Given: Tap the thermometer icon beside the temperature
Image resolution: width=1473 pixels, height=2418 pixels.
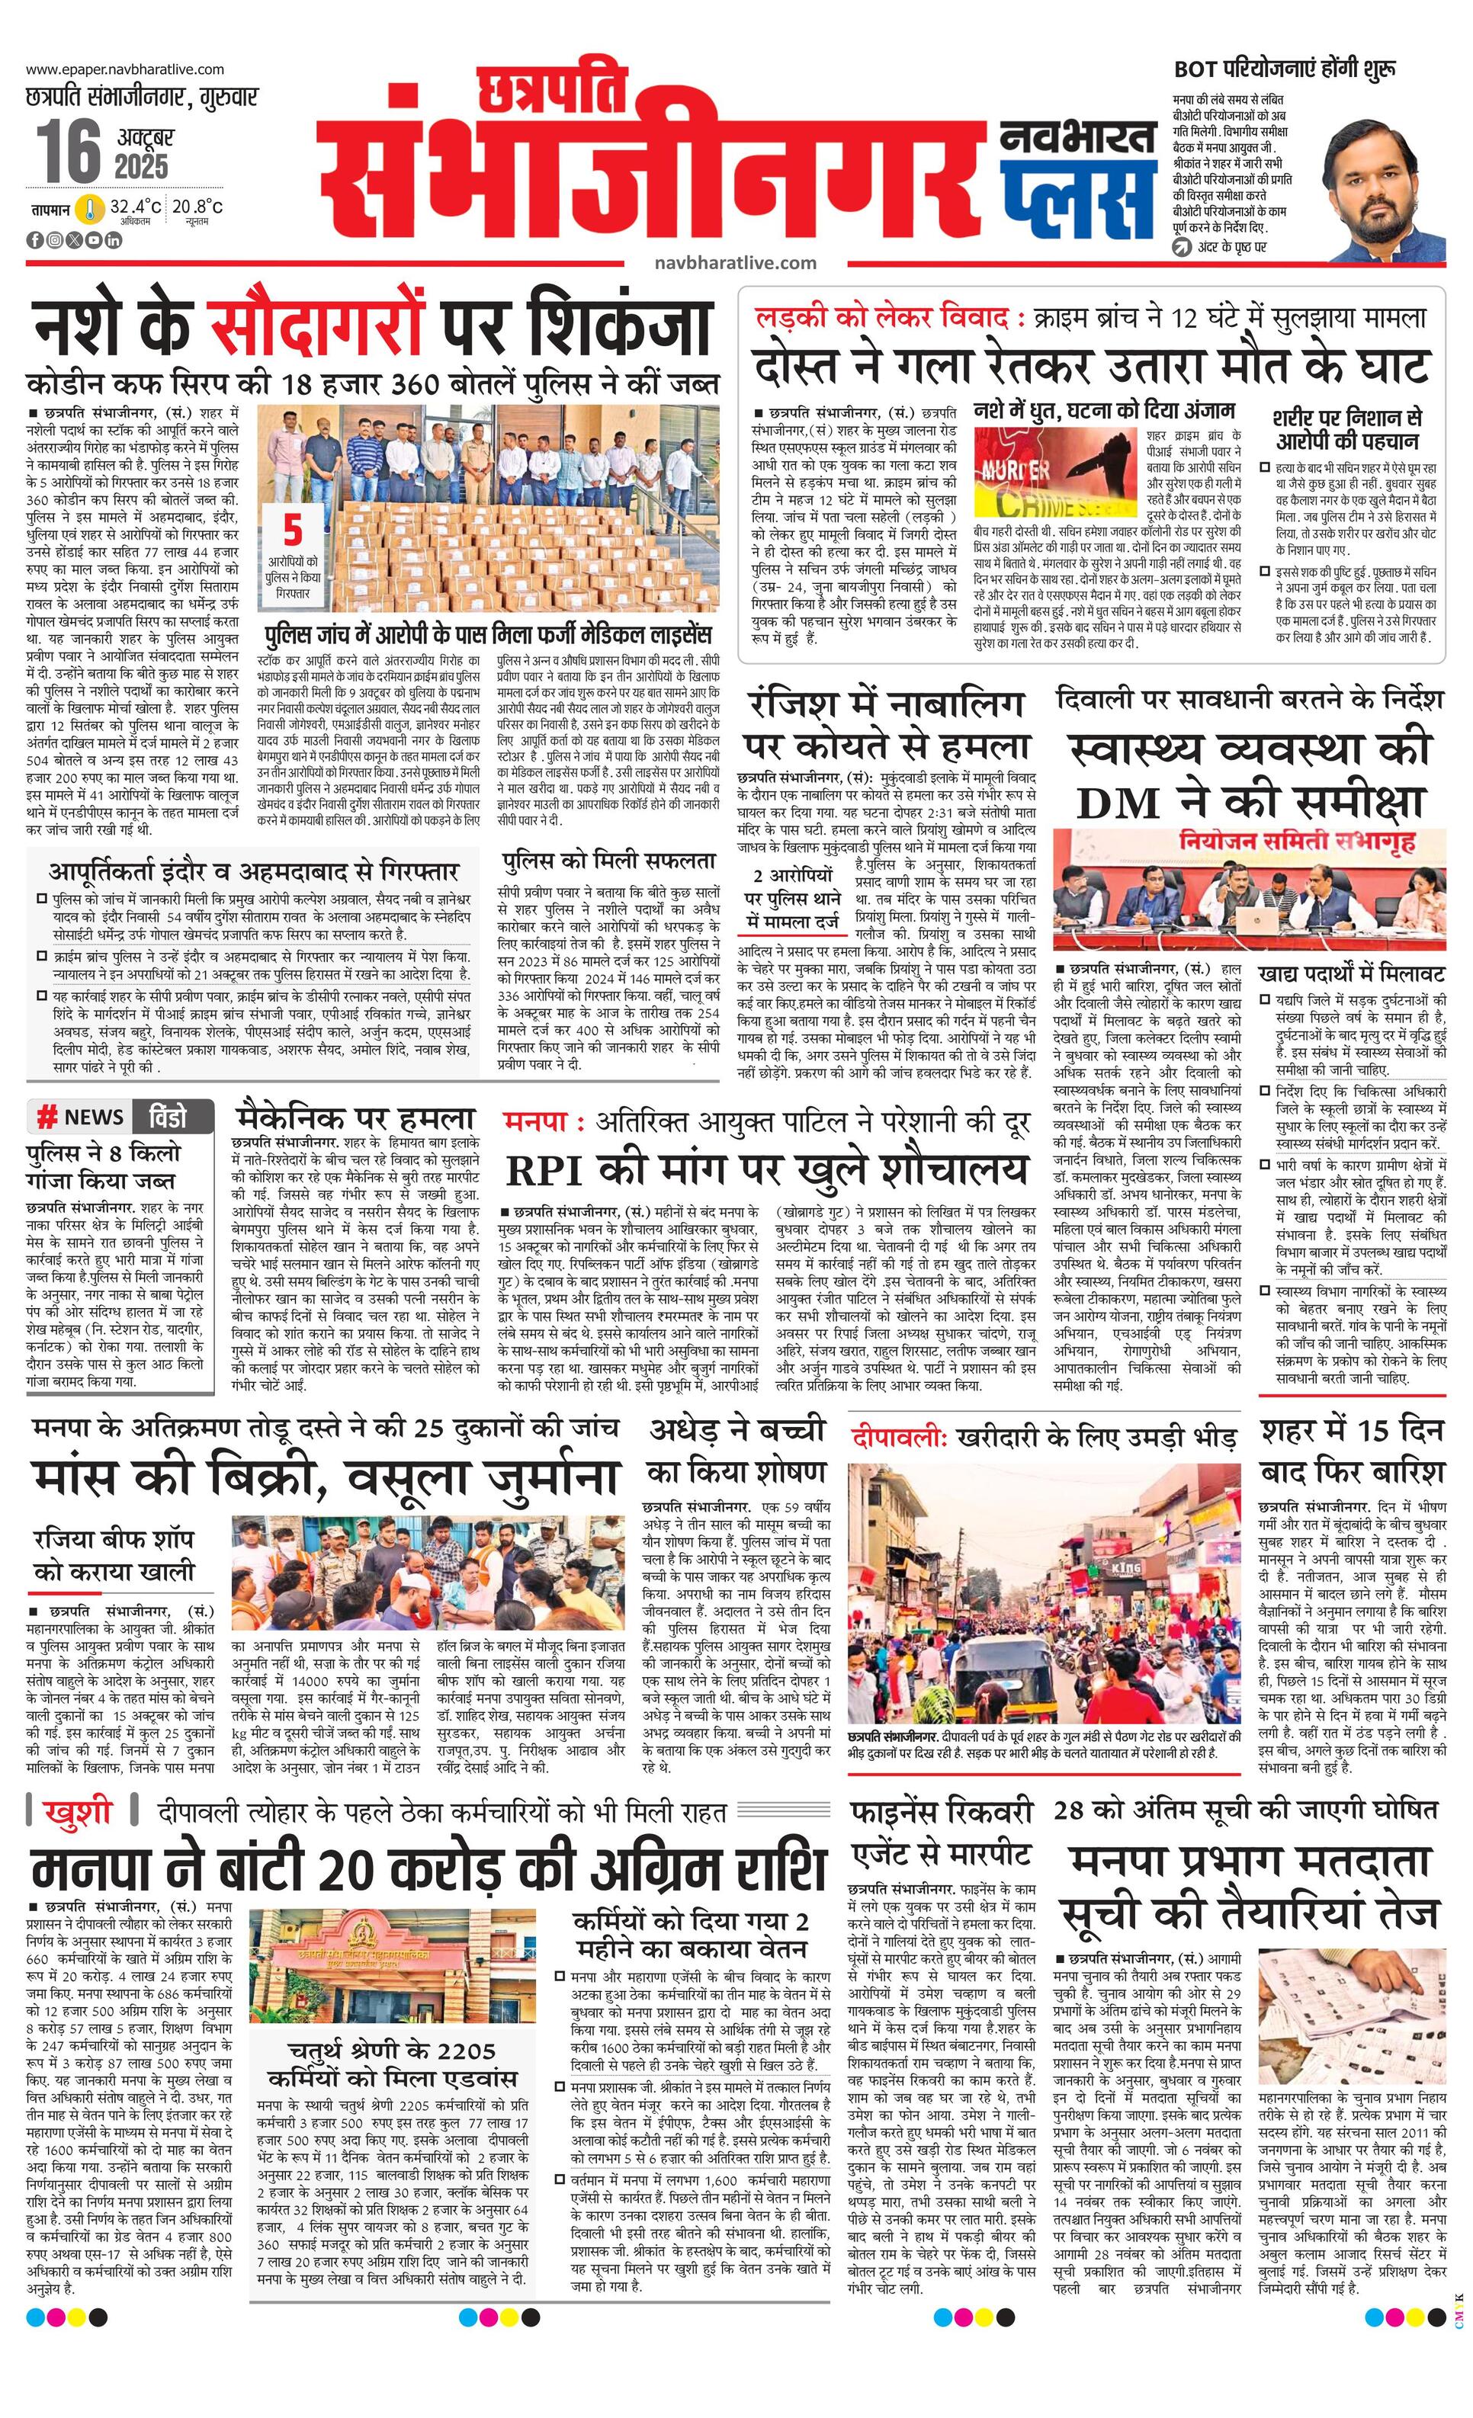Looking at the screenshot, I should [91, 208].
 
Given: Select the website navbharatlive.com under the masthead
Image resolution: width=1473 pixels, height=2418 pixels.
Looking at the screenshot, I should [735, 262].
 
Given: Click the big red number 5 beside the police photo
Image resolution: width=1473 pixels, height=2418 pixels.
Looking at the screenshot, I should [293, 530].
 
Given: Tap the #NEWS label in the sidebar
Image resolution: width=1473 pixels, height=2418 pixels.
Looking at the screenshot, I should [82, 1117].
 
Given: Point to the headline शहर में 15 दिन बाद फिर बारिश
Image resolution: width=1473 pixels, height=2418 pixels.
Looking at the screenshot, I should [1353, 1451].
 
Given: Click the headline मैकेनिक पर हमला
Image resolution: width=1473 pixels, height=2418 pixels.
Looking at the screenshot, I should [355, 1118].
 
